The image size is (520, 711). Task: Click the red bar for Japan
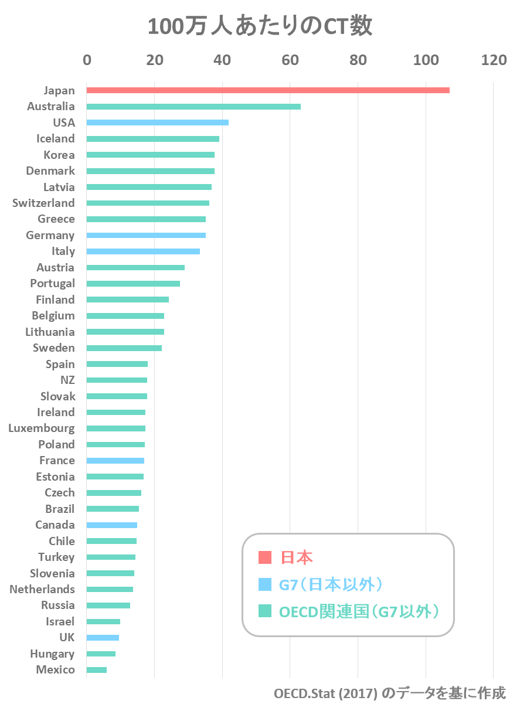[268, 90]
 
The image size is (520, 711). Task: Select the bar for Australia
[193, 107]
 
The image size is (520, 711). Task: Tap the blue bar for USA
[157, 123]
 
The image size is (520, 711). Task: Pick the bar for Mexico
[97, 670]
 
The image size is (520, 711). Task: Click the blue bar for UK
[103, 638]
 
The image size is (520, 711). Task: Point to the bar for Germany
[146, 235]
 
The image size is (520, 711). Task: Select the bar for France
[115, 461]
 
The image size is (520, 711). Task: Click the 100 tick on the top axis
[425, 60]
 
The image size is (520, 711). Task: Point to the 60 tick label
[290, 60]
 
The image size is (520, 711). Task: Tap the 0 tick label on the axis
[87, 60]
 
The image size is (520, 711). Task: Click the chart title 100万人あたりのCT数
[260, 27]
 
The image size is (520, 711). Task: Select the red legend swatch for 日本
[265, 557]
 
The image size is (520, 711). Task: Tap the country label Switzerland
[43, 203]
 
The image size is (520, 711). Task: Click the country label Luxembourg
[42, 428]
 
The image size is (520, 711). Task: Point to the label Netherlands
[42, 589]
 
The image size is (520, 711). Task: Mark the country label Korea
[59, 155]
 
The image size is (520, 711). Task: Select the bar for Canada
[112, 525]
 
